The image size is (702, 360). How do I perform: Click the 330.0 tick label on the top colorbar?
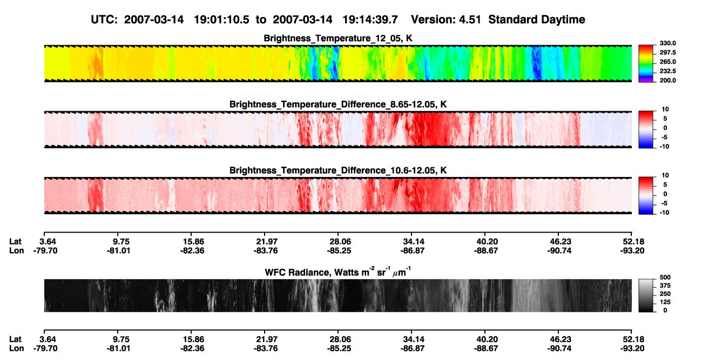pos(667,43)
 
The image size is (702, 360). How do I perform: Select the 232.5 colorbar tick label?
pos(667,71)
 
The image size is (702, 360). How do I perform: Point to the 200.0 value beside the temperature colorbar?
pos(667,80)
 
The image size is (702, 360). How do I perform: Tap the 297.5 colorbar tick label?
pos(667,53)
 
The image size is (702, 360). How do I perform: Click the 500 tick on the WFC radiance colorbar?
pos(665,277)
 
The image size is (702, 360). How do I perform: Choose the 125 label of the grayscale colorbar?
pos(665,302)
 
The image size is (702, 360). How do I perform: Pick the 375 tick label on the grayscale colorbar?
pos(665,286)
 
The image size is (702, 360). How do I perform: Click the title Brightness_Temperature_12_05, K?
pos(338,38)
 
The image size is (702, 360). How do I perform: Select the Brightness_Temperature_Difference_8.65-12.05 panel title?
pos(338,104)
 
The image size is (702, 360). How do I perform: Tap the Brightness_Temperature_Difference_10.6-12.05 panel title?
pos(338,171)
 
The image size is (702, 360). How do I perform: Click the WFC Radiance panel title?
pos(338,272)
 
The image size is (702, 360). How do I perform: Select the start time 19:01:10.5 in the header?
pos(221,20)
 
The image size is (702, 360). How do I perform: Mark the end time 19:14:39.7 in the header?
pos(370,20)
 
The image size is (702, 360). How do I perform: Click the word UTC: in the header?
pos(104,20)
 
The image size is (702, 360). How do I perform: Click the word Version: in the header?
pos(433,20)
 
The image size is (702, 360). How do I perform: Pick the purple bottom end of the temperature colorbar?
pos(646,81)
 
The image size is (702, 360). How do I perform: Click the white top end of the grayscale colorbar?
pos(646,281)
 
